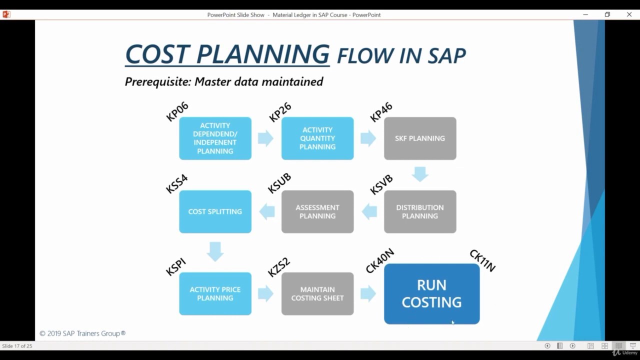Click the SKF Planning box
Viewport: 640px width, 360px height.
point(420,138)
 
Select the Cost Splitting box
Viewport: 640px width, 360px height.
point(215,211)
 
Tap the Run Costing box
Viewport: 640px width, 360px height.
point(431,294)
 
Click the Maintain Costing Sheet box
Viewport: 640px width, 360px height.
point(317,293)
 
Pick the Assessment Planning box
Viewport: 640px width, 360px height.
point(317,211)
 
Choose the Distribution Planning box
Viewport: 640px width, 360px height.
point(420,211)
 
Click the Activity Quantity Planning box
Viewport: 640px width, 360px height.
point(317,138)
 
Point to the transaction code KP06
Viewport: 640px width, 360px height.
point(177,111)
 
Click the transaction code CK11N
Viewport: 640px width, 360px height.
point(482,261)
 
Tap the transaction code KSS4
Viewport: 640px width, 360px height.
point(177,184)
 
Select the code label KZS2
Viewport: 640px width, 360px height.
point(279,267)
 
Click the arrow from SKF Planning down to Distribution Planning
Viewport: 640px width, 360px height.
point(420,174)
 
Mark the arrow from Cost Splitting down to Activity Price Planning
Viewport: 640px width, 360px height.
point(215,251)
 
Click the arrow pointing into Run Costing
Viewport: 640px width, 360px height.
point(368,293)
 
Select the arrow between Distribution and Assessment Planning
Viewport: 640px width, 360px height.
point(369,211)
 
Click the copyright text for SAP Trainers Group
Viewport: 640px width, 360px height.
point(82,333)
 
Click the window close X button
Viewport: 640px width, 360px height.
point(629,14)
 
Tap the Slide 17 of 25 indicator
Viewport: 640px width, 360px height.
point(17,346)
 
